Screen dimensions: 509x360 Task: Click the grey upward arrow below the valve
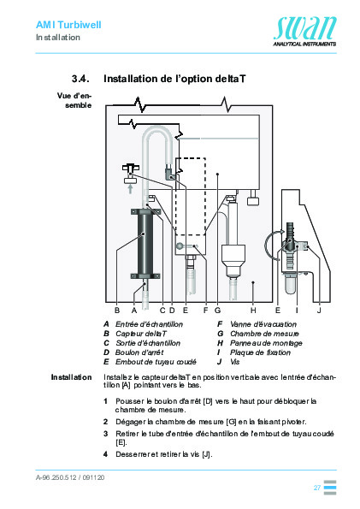(131, 189)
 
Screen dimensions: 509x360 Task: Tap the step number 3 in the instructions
(105, 435)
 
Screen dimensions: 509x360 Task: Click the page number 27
(316, 488)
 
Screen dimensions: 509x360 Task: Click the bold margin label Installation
(71, 376)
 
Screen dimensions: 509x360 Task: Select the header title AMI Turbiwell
(68, 26)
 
